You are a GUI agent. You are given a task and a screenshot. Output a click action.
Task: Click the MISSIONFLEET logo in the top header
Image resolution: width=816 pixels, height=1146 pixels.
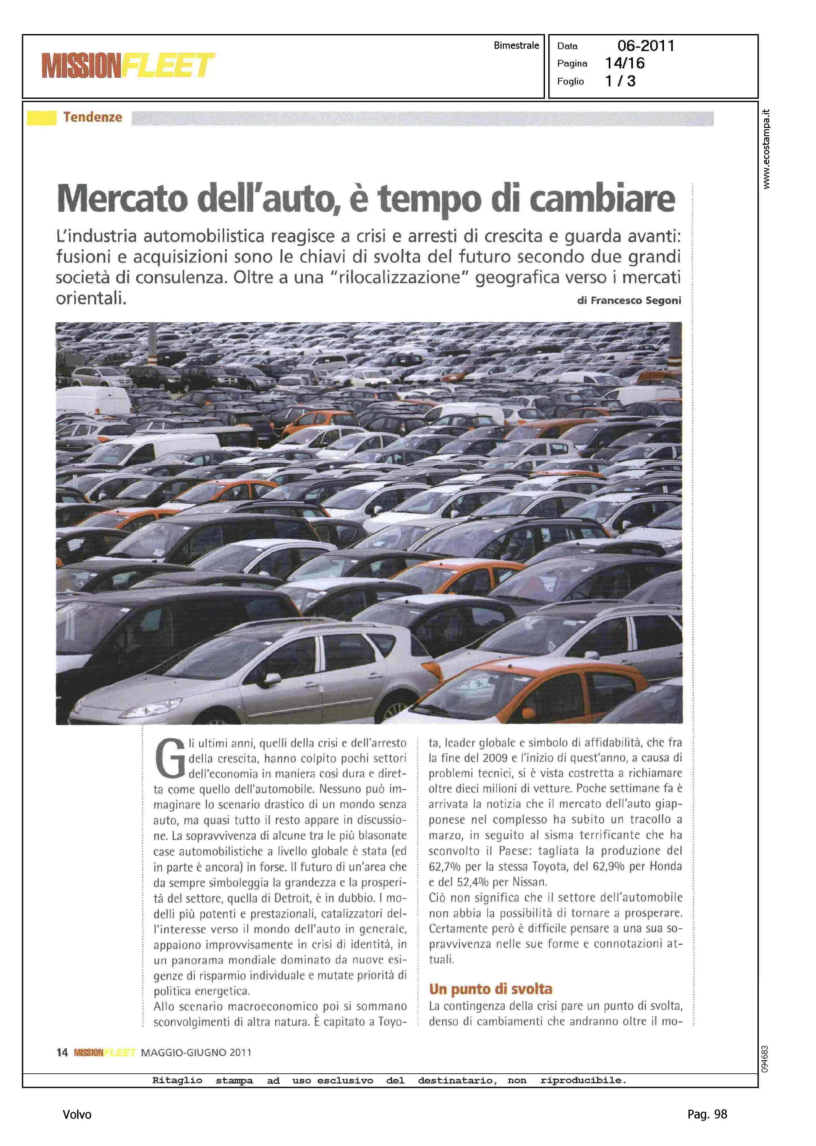coord(128,65)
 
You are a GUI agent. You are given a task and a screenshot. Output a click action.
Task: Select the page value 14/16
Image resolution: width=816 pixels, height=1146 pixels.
coord(624,63)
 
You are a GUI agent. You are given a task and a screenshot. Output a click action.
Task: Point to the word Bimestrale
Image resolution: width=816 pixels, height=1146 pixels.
coord(516,45)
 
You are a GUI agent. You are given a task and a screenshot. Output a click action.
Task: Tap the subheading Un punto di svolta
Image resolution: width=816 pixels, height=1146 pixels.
coord(490,989)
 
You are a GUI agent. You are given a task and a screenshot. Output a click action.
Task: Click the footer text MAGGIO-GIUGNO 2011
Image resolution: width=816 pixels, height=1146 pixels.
coord(196,1052)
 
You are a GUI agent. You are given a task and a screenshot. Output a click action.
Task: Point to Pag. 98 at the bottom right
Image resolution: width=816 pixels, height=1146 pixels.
coord(707,1114)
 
